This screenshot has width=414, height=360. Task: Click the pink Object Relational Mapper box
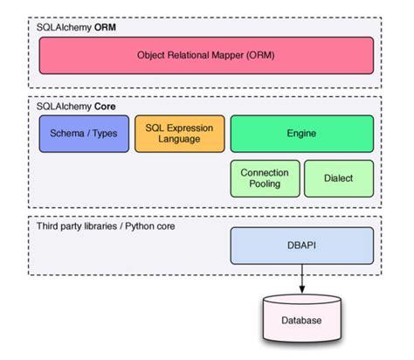[206, 55]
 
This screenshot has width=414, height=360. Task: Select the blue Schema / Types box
[83, 134]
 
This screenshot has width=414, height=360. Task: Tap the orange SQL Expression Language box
[179, 134]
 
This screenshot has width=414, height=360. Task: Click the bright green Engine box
[301, 134]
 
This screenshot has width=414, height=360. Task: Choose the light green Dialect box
[338, 177]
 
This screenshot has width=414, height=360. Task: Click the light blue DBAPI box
[301, 246]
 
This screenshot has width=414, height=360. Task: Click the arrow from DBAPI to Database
[301, 280]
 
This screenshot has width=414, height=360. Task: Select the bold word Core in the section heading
[105, 107]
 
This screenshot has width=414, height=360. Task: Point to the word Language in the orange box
[179, 140]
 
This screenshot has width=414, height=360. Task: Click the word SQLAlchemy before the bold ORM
[63, 28]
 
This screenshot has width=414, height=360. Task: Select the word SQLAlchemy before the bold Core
[63, 107]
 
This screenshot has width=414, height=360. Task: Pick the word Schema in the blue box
[66, 134]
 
